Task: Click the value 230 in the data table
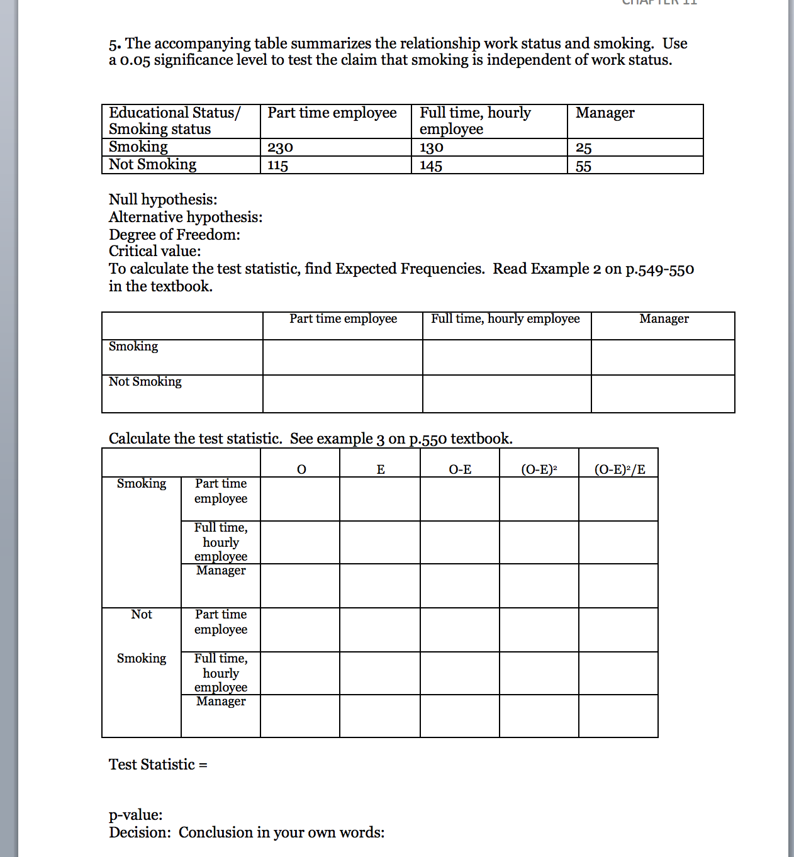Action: [x=280, y=148]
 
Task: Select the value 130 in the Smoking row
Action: [x=432, y=148]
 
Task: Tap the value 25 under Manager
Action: [x=583, y=148]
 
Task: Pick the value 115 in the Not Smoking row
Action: [x=277, y=165]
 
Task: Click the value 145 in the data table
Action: [x=431, y=166]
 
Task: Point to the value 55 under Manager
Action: [x=583, y=166]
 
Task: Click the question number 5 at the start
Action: [x=113, y=45]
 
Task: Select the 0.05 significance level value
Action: [x=135, y=61]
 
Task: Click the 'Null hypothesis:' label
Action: [x=163, y=199]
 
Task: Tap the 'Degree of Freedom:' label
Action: [x=174, y=235]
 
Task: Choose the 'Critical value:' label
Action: [x=155, y=251]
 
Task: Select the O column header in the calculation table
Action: [x=301, y=469]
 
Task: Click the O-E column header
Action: [x=460, y=469]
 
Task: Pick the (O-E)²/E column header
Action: [x=620, y=469]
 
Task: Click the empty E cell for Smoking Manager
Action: [x=380, y=586]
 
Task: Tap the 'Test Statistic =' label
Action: [x=158, y=765]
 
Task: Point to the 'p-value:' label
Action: [x=136, y=815]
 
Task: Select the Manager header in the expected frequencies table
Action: [x=664, y=319]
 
